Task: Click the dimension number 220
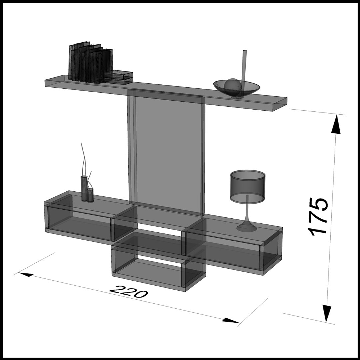click(x=129, y=291)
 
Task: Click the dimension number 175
click(x=318, y=216)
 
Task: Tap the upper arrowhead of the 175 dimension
click(x=337, y=125)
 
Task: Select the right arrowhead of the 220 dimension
click(x=230, y=321)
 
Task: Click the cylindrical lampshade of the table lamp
click(x=247, y=186)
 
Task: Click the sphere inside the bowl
click(x=232, y=85)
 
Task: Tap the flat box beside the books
click(x=118, y=76)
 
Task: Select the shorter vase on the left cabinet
click(x=90, y=195)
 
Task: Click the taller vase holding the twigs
click(x=84, y=188)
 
